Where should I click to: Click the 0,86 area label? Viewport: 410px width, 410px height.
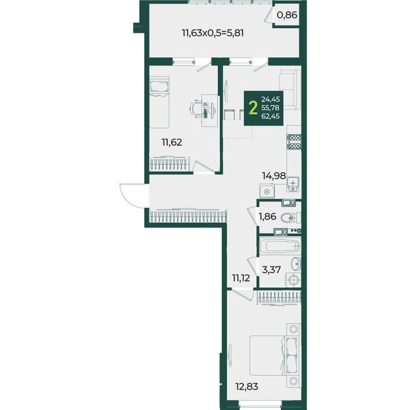tap(287, 15)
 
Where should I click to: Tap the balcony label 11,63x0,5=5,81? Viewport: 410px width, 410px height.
tap(213, 33)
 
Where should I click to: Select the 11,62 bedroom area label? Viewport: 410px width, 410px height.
tap(172, 143)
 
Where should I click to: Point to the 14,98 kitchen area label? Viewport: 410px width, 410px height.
tap(274, 176)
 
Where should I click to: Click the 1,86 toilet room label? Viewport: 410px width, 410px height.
tap(267, 217)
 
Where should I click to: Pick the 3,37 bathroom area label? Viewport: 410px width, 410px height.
tap(271, 269)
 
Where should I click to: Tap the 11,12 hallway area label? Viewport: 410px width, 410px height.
tap(241, 278)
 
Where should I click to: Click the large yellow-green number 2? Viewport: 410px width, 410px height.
tap(253, 108)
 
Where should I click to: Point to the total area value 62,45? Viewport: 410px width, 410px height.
tap(271, 116)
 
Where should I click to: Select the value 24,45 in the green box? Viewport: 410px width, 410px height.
tap(271, 99)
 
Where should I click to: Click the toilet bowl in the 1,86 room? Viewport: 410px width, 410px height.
tap(290, 217)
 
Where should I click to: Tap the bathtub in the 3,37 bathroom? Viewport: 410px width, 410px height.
tap(280, 246)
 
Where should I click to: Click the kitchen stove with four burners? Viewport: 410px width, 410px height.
tap(294, 141)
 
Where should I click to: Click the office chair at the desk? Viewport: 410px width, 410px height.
tap(196, 110)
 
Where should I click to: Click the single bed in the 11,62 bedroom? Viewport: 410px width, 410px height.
tap(159, 102)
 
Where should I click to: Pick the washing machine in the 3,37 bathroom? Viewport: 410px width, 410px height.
tap(293, 279)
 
